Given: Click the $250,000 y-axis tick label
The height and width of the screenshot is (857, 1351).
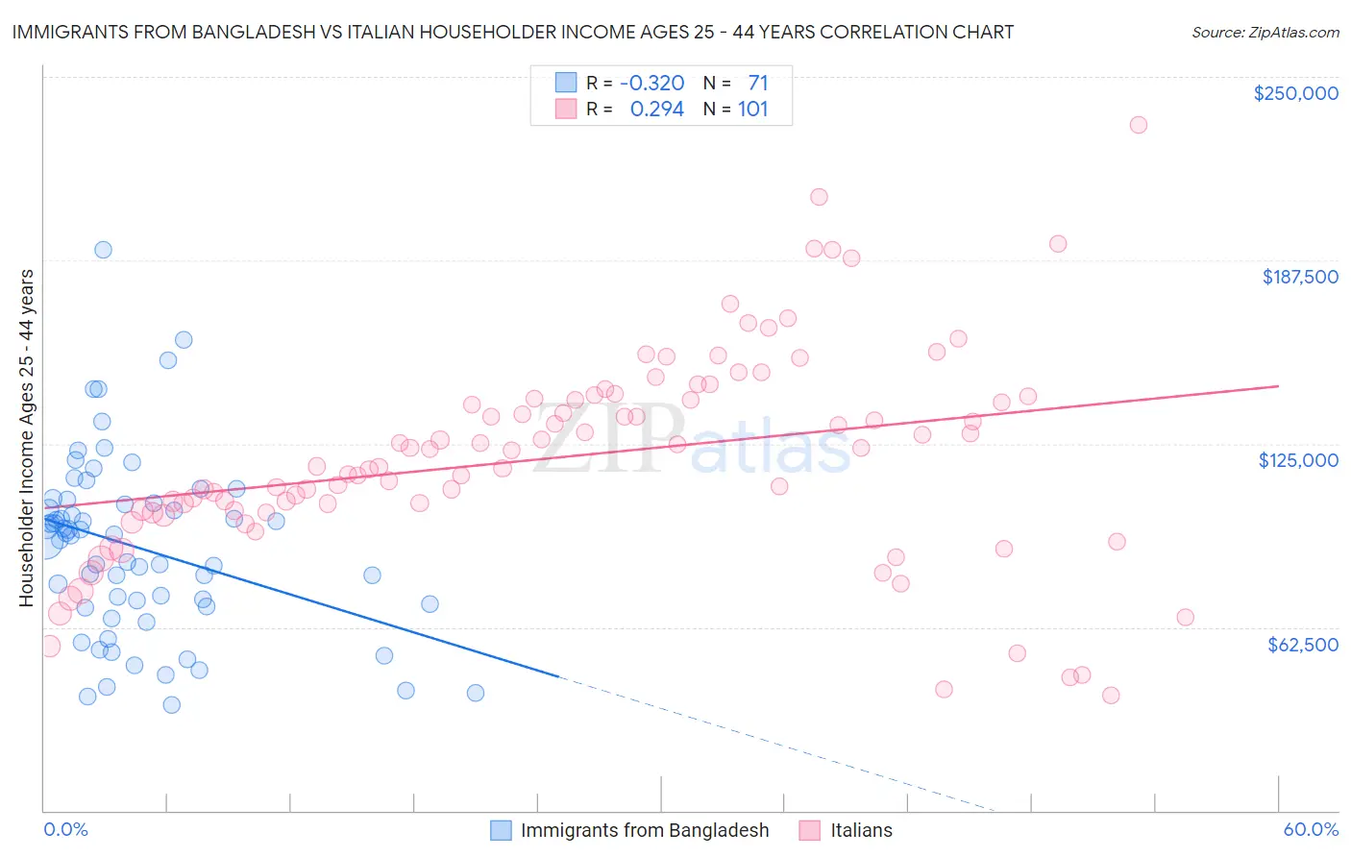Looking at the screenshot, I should pyautogui.click(x=1295, y=93).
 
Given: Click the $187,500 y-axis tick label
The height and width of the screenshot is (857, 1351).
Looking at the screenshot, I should pyautogui.click(x=1299, y=277).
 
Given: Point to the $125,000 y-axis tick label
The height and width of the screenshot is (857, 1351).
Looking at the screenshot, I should pyautogui.click(x=1298, y=460).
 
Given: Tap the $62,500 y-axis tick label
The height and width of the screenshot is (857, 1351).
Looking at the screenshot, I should pyautogui.click(x=1302, y=645).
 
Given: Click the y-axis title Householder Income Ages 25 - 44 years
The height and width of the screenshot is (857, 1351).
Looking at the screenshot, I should pyautogui.click(x=26, y=438).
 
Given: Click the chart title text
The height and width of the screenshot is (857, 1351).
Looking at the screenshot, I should pyautogui.click(x=512, y=32).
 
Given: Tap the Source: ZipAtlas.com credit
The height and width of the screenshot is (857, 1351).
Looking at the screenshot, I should pyautogui.click(x=1265, y=32).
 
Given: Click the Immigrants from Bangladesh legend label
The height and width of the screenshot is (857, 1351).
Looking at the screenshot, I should pyautogui.click(x=645, y=830).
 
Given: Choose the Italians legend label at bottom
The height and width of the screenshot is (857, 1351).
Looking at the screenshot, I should pyautogui.click(x=861, y=830).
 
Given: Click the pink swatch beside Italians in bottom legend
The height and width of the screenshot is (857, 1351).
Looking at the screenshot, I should pyautogui.click(x=810, y=830).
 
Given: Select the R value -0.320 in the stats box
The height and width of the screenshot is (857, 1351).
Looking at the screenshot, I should pyautogui.click(x=651, y=83).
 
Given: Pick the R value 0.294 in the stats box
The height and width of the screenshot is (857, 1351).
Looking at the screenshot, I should pyautogui.click(x=656, y=110).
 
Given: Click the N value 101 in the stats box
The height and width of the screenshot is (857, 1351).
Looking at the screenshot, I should pyautogui.click(x=752, y=110).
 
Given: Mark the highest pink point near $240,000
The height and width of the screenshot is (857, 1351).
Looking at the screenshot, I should pyautogui.click(x=1138, y=125).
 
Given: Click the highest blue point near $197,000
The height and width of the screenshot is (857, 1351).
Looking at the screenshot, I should pyautogui.click(x=103, y=250).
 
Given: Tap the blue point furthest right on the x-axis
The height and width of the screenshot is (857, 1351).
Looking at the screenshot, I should pyautogui.click(x=475, y=693).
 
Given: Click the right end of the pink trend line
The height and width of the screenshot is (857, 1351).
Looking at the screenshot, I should pyautogui.click(x=1278, y=385).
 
